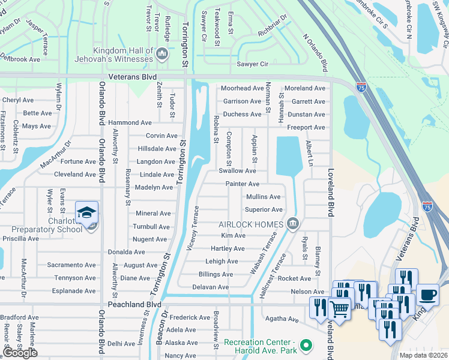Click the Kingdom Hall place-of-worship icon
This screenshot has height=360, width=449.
(161, 55)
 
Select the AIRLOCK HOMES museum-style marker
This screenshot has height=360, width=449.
(292, 224)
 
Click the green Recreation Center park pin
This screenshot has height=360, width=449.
(306, 346)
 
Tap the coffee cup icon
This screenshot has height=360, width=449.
(427, 295)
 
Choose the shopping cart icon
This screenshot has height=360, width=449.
(339, 309)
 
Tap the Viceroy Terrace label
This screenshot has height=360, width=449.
(194, 229)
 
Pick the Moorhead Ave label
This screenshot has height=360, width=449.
(242, 88)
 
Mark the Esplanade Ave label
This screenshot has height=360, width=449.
(74, 291)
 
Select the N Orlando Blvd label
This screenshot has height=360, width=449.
(316, 53)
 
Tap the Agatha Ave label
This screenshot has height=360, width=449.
(285, 320)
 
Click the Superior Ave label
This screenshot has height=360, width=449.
(263, 209)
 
